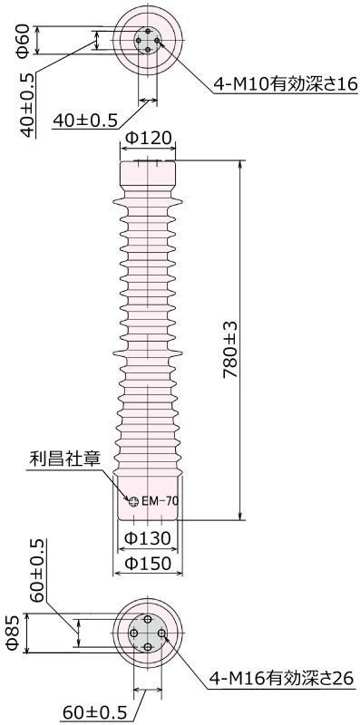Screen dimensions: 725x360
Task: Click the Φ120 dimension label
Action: tap(148, 139)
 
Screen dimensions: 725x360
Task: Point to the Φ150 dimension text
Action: tap(147, 564)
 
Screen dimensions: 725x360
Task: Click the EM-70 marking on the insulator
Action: tap(159, 500)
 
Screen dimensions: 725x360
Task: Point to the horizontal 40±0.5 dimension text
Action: tap(87, 120)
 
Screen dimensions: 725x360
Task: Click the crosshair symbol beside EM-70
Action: tap(132, 500)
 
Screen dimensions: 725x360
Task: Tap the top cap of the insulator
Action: tap(148, 175)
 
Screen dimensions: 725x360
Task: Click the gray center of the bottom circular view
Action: tap(147, 633)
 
